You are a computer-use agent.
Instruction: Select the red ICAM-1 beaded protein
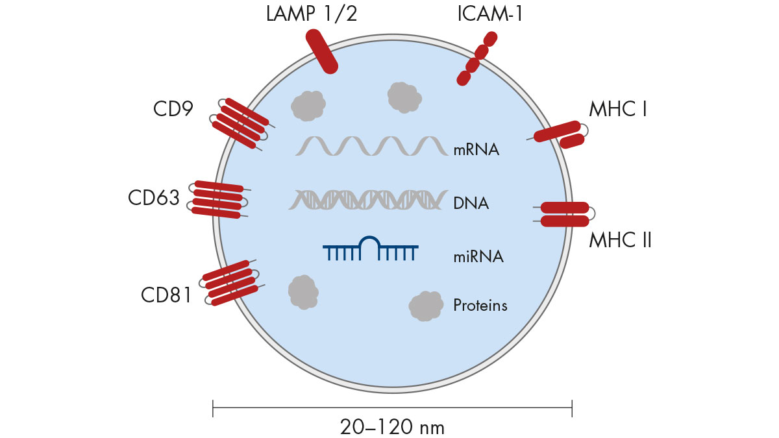tap(476, 59)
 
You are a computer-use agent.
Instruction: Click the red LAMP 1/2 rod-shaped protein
tap(321, 51)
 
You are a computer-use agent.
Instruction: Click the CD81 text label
tap(166, 295)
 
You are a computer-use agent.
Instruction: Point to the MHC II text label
tap(620, 241)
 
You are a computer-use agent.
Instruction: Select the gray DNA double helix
tap(367, 200)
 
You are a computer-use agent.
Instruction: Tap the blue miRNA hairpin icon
tap(370, 248)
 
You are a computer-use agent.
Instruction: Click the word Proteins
tap(480, 304)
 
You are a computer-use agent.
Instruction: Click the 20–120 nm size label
tap(392, 426)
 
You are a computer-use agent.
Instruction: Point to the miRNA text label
tap(478, 256)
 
